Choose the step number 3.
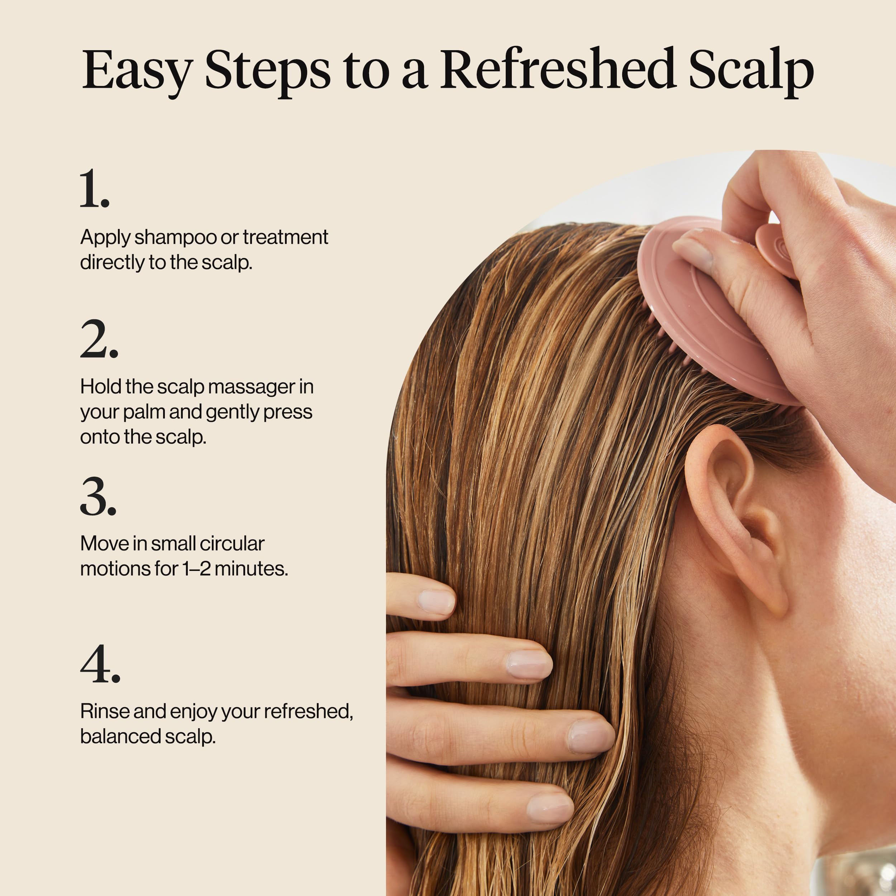[x=98, y=497]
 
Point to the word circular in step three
[x=232, y=544]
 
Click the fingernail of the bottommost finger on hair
[x=549, y=807]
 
